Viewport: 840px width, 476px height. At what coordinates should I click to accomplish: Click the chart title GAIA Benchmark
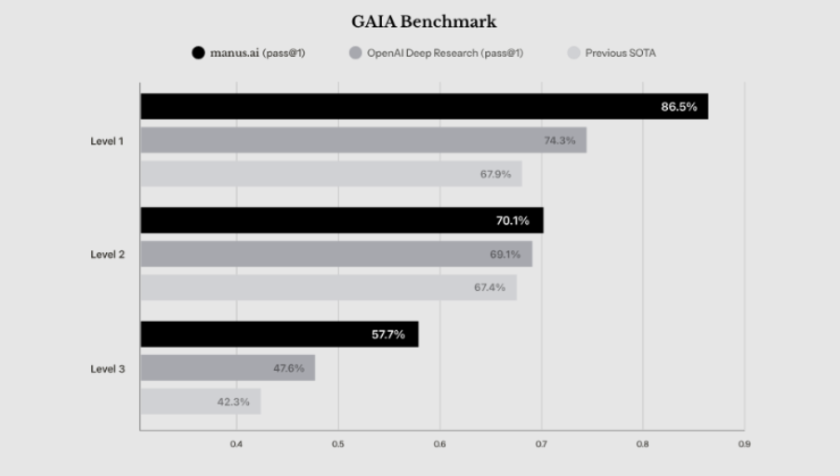(424, 21)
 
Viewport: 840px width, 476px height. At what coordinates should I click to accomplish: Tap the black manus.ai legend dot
(198, 53)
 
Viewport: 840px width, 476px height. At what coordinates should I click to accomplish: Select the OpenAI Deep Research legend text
(444, 53)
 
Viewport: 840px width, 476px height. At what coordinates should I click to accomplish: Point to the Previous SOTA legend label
(620, 53)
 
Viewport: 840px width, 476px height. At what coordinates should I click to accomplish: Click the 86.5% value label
(678, 107)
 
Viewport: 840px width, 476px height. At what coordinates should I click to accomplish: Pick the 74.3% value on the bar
(559, 140)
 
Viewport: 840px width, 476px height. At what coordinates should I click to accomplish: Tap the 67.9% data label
(495, 174)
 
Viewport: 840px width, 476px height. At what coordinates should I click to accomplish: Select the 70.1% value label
(512, 220)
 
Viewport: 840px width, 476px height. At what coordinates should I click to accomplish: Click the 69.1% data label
(505, 254)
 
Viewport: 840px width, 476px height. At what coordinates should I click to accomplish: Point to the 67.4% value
(490, 287)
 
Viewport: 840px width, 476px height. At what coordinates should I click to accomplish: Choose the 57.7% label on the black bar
(388, 335)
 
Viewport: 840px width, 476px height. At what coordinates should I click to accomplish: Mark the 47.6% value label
(289, 368)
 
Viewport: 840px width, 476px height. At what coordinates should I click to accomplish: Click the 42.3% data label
(233, 402)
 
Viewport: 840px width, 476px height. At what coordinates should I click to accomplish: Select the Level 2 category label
(107, 254)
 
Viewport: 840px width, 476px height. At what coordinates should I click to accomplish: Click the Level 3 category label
(107, 368)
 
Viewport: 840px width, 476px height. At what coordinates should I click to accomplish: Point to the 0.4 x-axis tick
(236, 444)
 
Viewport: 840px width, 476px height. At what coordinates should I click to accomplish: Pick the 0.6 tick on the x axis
(440, 444)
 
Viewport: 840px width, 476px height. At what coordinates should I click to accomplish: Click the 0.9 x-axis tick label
(743, 444)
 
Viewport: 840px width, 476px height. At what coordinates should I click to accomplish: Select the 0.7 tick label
(541, 444)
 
